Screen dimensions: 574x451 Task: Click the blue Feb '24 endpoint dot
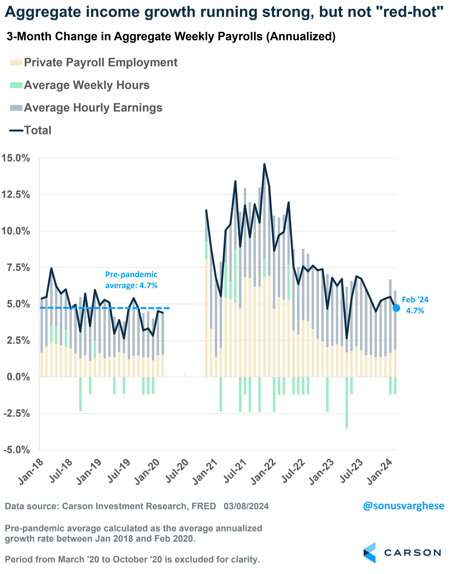[396, 308]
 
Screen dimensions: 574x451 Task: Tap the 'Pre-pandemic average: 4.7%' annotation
[131, 280]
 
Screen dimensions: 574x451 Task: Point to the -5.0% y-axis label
[16, 450]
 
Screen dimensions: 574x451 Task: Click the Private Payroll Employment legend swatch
[16, 63]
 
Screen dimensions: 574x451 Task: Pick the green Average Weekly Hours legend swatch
[16, 85]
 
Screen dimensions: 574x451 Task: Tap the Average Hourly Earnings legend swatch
[16, 108]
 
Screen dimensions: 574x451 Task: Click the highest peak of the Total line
[264, 164]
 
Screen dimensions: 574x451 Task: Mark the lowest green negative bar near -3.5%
[347, 425]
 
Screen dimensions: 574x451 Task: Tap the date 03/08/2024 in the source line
[246, 506]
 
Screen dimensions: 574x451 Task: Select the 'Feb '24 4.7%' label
[415, 305]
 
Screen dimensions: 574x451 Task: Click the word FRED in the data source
[204, 506]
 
